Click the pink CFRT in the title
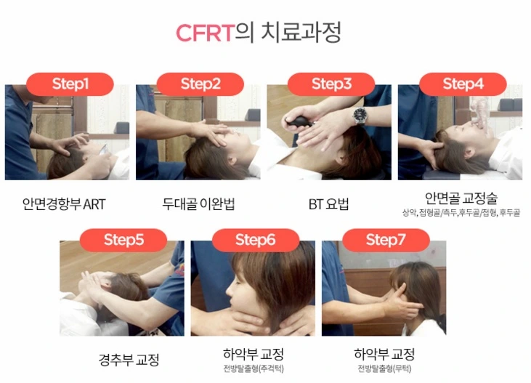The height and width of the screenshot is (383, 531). [206, 33]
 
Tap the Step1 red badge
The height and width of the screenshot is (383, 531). [70, 84]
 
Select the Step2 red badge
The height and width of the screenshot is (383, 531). [200, 84]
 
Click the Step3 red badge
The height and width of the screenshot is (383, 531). [331, 84]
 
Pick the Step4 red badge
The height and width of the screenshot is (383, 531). [463, 84]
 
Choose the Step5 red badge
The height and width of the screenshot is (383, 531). [123, 240]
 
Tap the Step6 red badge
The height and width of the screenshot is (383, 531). [256, 240]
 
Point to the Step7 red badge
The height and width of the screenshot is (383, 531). [386, 240]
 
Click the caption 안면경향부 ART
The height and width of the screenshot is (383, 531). [64, 204]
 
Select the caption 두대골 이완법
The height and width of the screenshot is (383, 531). [198, 203]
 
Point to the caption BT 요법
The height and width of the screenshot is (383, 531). [328, 204]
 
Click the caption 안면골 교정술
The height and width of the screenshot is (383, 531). [461, 198]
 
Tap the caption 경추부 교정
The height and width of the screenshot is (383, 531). [129, 360]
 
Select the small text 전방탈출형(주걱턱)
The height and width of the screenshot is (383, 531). [254, 368]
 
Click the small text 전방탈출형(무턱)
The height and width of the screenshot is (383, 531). [384, 368]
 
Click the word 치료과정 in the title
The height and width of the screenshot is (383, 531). [301, 33]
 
